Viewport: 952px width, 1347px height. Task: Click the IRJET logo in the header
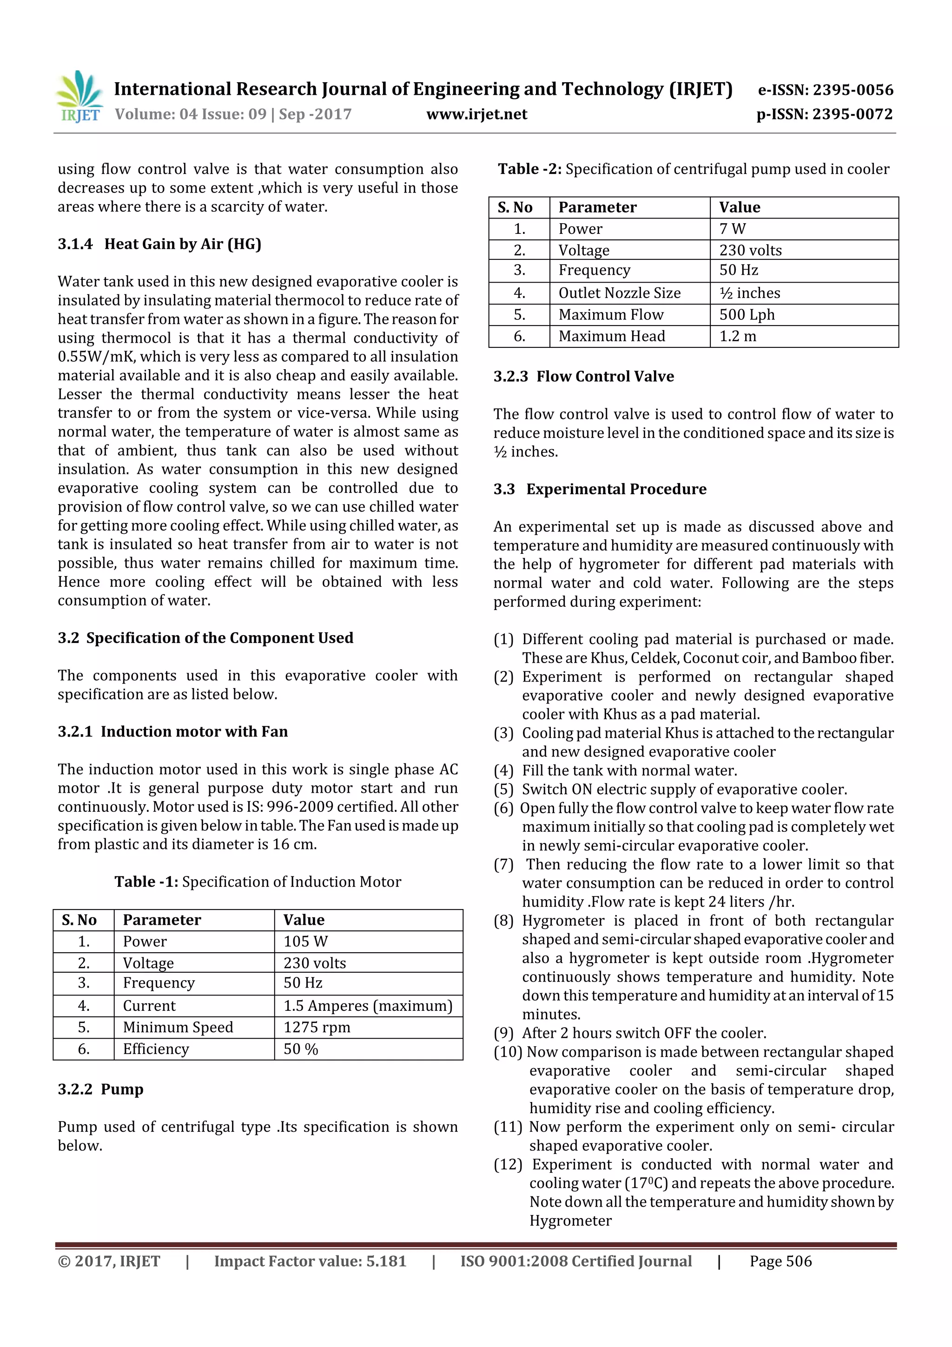(x=79, y=97)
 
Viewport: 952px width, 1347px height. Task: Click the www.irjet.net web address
(x=476, y=114)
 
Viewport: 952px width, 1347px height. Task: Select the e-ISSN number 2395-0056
(x=825, y=90)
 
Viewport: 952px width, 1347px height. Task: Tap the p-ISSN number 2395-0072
(x=824, y=114)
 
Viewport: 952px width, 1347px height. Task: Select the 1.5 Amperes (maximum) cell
(x=368, y=1006)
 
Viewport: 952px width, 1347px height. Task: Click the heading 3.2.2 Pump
(x=100, y=1089)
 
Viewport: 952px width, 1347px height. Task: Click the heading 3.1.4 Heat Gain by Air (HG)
(x=159, y=244)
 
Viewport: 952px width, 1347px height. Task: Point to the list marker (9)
(x=503, y=1033)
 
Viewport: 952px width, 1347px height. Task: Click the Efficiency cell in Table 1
(x=156, y=1048)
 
